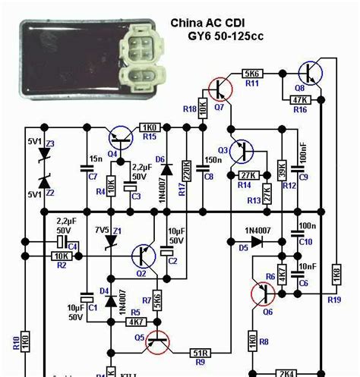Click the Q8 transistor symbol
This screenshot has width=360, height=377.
(x=309, y=73)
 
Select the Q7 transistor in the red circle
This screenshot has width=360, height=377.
(x=219, y=90)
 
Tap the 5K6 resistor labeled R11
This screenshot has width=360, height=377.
(x=252, y=73)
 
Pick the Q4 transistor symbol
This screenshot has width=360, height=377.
(x=119, y=138)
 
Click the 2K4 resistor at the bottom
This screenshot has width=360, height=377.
(x=286, y=373)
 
